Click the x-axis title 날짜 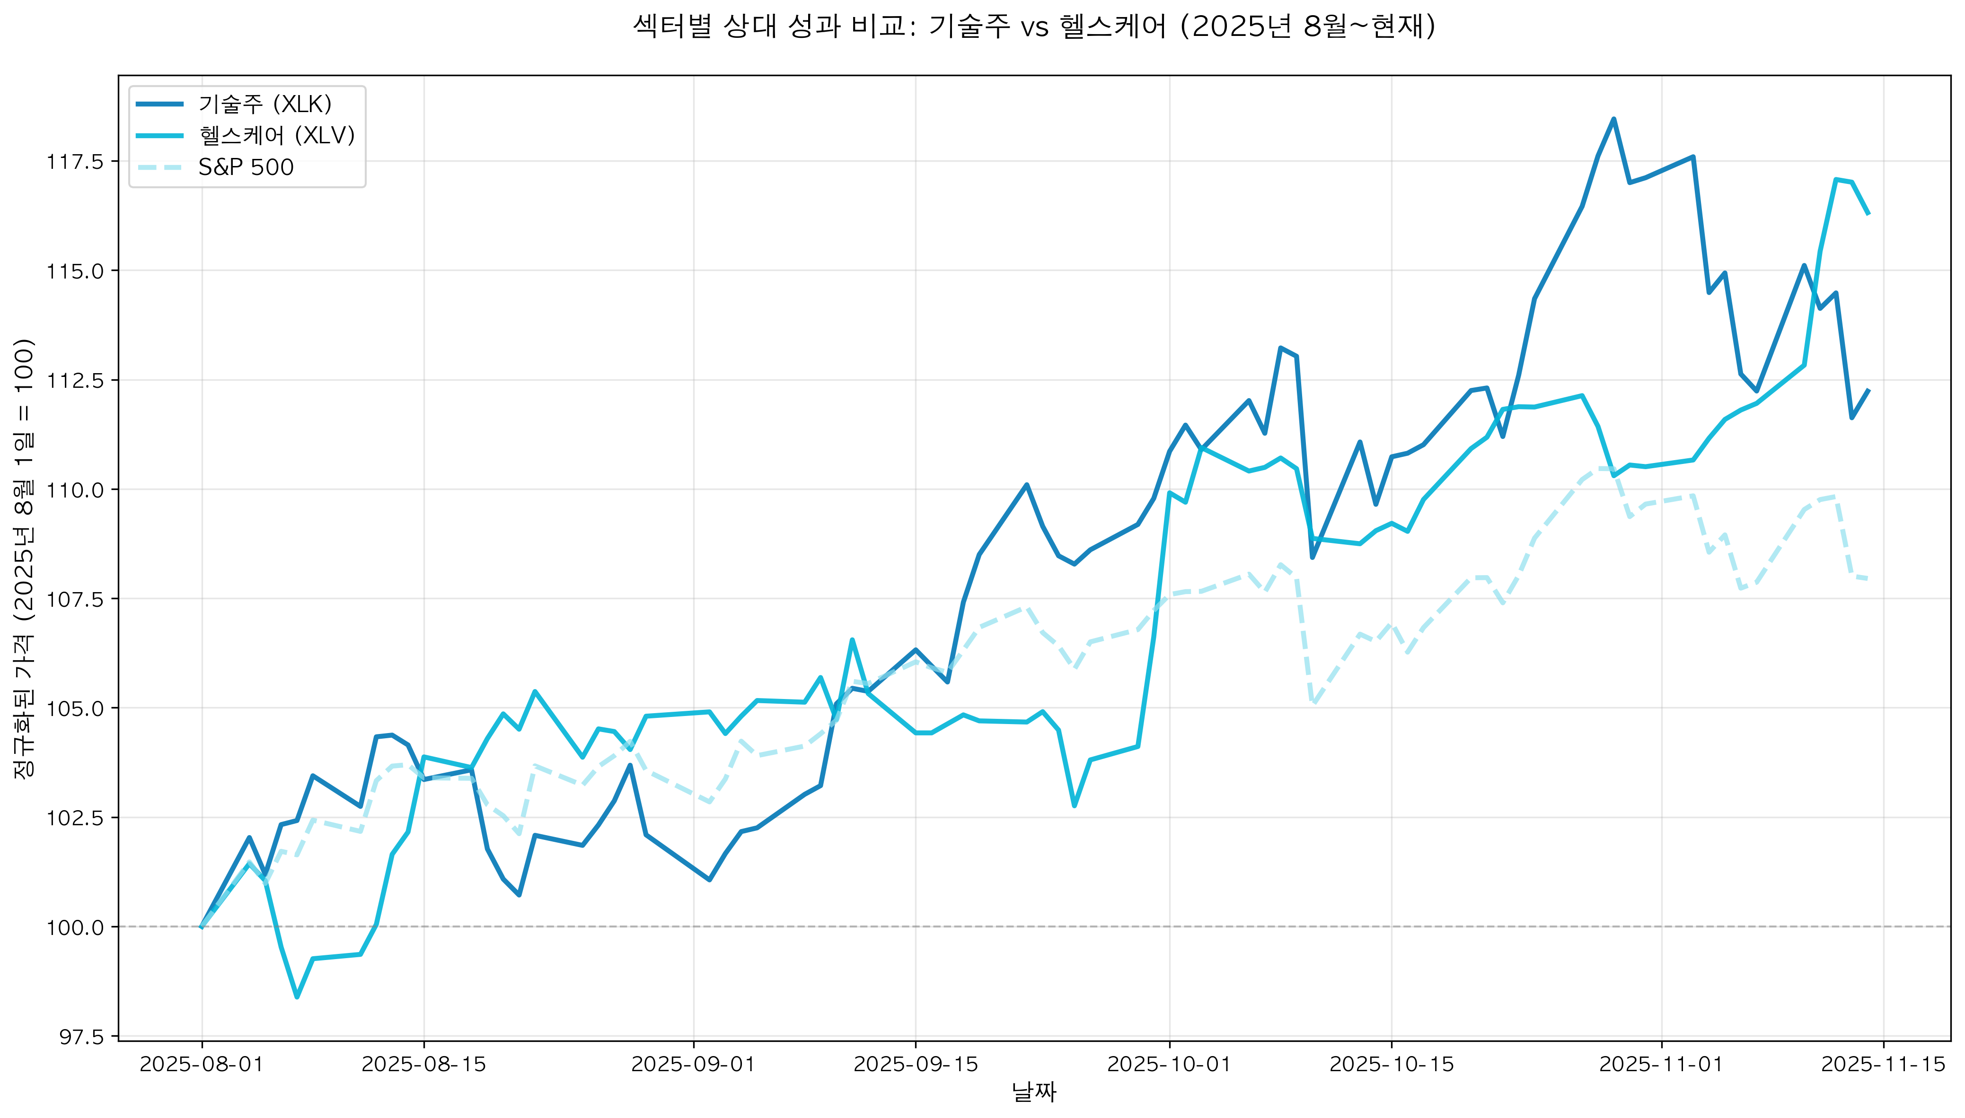pyautogui.click(x=1034, y=1092)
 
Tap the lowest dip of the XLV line pyautogui.click(x=297, y=996)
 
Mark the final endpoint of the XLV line pyautogui.click(x=1868, y=213)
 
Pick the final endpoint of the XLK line pyautogui.click(x=1868, y=390)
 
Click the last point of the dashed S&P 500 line pyautogui.click(x=1868, y=578)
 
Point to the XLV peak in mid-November pyautogui.click(x=1835, y=180)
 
